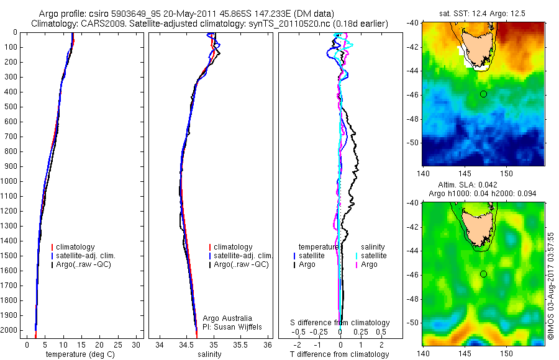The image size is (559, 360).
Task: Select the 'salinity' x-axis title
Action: click(209, 354)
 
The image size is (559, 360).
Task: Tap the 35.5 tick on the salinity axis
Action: click(242, 344)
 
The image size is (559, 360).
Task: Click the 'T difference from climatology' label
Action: click(339, 354)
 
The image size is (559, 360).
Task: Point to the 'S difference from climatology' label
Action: click(340, 323)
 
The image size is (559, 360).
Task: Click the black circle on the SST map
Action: click(483, 94)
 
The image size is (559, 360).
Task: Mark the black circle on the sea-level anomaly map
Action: click(483, 274)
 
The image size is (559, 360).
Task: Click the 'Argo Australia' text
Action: click(228, 318)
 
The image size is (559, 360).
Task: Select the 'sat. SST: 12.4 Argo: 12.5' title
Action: click(483, 14)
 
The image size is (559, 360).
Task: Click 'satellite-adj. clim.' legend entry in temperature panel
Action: click(86, 256)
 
